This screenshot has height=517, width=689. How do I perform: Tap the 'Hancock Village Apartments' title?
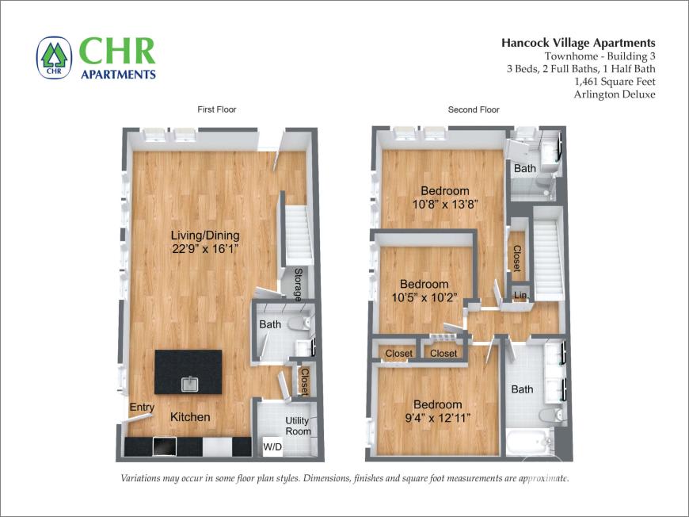(x=578, y=43)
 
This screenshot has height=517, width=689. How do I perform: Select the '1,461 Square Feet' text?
(x=615, y=81)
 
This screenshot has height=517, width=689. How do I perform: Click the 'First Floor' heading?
(x=216, y=109)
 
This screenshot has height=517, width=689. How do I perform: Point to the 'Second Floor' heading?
(x=474, y=109)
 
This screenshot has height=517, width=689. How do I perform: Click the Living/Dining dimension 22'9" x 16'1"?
(x=205, y=249)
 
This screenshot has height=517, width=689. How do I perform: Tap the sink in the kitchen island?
(x=190, y=385)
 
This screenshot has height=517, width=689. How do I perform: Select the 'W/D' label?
(x=272, y=448)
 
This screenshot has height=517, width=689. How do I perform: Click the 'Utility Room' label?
(x=299, y=426)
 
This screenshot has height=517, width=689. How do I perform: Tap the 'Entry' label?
(x=142, y=408)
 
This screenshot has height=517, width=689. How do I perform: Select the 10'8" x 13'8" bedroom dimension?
(x=444, y=204)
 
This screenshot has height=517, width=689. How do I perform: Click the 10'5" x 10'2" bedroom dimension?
(x=424, y=297)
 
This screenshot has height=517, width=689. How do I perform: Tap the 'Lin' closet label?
(x=520, y=296)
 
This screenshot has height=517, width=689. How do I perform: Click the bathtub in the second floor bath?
(x=529, y=442)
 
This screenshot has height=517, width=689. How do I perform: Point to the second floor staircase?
(x=547, y=250)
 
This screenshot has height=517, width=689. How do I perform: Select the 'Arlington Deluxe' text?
(x=615, y=94)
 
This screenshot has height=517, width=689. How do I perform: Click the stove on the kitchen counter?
(x=164, y=447)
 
